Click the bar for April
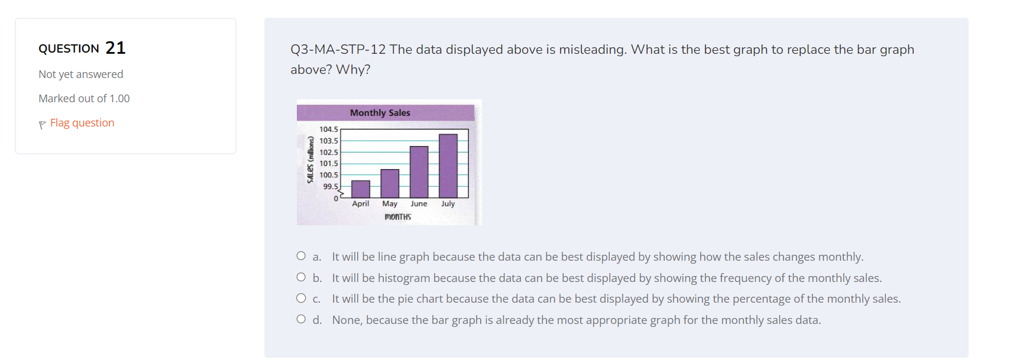point(360,189)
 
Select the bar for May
point(390,183)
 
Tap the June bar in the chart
point(419,172)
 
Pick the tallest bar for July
point(448,166)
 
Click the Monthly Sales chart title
point(380,113)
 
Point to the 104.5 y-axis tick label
point(329,129)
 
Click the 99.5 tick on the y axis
point(331,187)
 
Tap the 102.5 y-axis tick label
point(329,153)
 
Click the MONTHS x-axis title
point(397,217)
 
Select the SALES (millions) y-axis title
point(310,160)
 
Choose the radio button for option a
point(301,256)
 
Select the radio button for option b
point(301,277)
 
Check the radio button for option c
point(301,298)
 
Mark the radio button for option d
point(301,319)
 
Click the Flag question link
point(82,123)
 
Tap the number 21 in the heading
point(115,48)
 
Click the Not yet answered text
point(81,74)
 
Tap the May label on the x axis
point(390,204)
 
